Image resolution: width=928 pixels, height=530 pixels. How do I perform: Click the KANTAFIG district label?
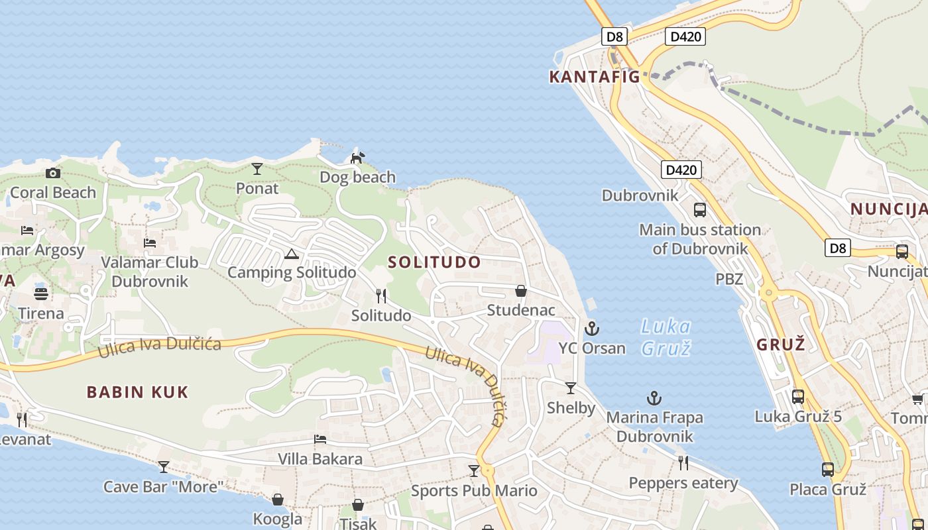595,77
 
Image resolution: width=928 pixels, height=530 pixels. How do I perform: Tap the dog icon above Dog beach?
357,158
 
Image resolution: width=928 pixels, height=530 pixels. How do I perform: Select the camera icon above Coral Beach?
53,174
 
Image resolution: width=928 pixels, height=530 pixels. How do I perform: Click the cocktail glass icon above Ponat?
257,169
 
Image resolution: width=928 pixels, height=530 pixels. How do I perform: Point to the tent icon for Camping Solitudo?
291,254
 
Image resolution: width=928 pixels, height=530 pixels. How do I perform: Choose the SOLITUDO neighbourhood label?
434,262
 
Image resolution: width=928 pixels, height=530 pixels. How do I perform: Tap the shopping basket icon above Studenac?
521,291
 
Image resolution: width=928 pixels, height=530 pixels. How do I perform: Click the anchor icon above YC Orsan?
591,329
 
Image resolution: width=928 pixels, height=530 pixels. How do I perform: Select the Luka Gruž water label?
666,337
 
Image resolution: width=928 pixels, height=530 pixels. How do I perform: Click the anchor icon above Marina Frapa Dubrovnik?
654,398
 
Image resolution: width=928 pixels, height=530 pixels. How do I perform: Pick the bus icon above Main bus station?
700,210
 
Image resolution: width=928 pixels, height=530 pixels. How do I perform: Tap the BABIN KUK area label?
138,392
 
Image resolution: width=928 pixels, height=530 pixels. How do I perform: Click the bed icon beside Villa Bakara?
320,439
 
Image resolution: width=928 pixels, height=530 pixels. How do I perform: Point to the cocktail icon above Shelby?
571,388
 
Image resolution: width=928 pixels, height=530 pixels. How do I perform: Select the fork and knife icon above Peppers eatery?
683,463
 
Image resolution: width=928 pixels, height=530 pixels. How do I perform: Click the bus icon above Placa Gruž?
828,470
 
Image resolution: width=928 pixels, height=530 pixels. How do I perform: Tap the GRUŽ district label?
781,344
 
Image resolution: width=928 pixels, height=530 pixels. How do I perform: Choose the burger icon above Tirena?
41,293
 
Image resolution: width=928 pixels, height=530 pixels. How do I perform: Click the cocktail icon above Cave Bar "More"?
164,467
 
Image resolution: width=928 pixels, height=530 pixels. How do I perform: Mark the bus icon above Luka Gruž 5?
798,397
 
